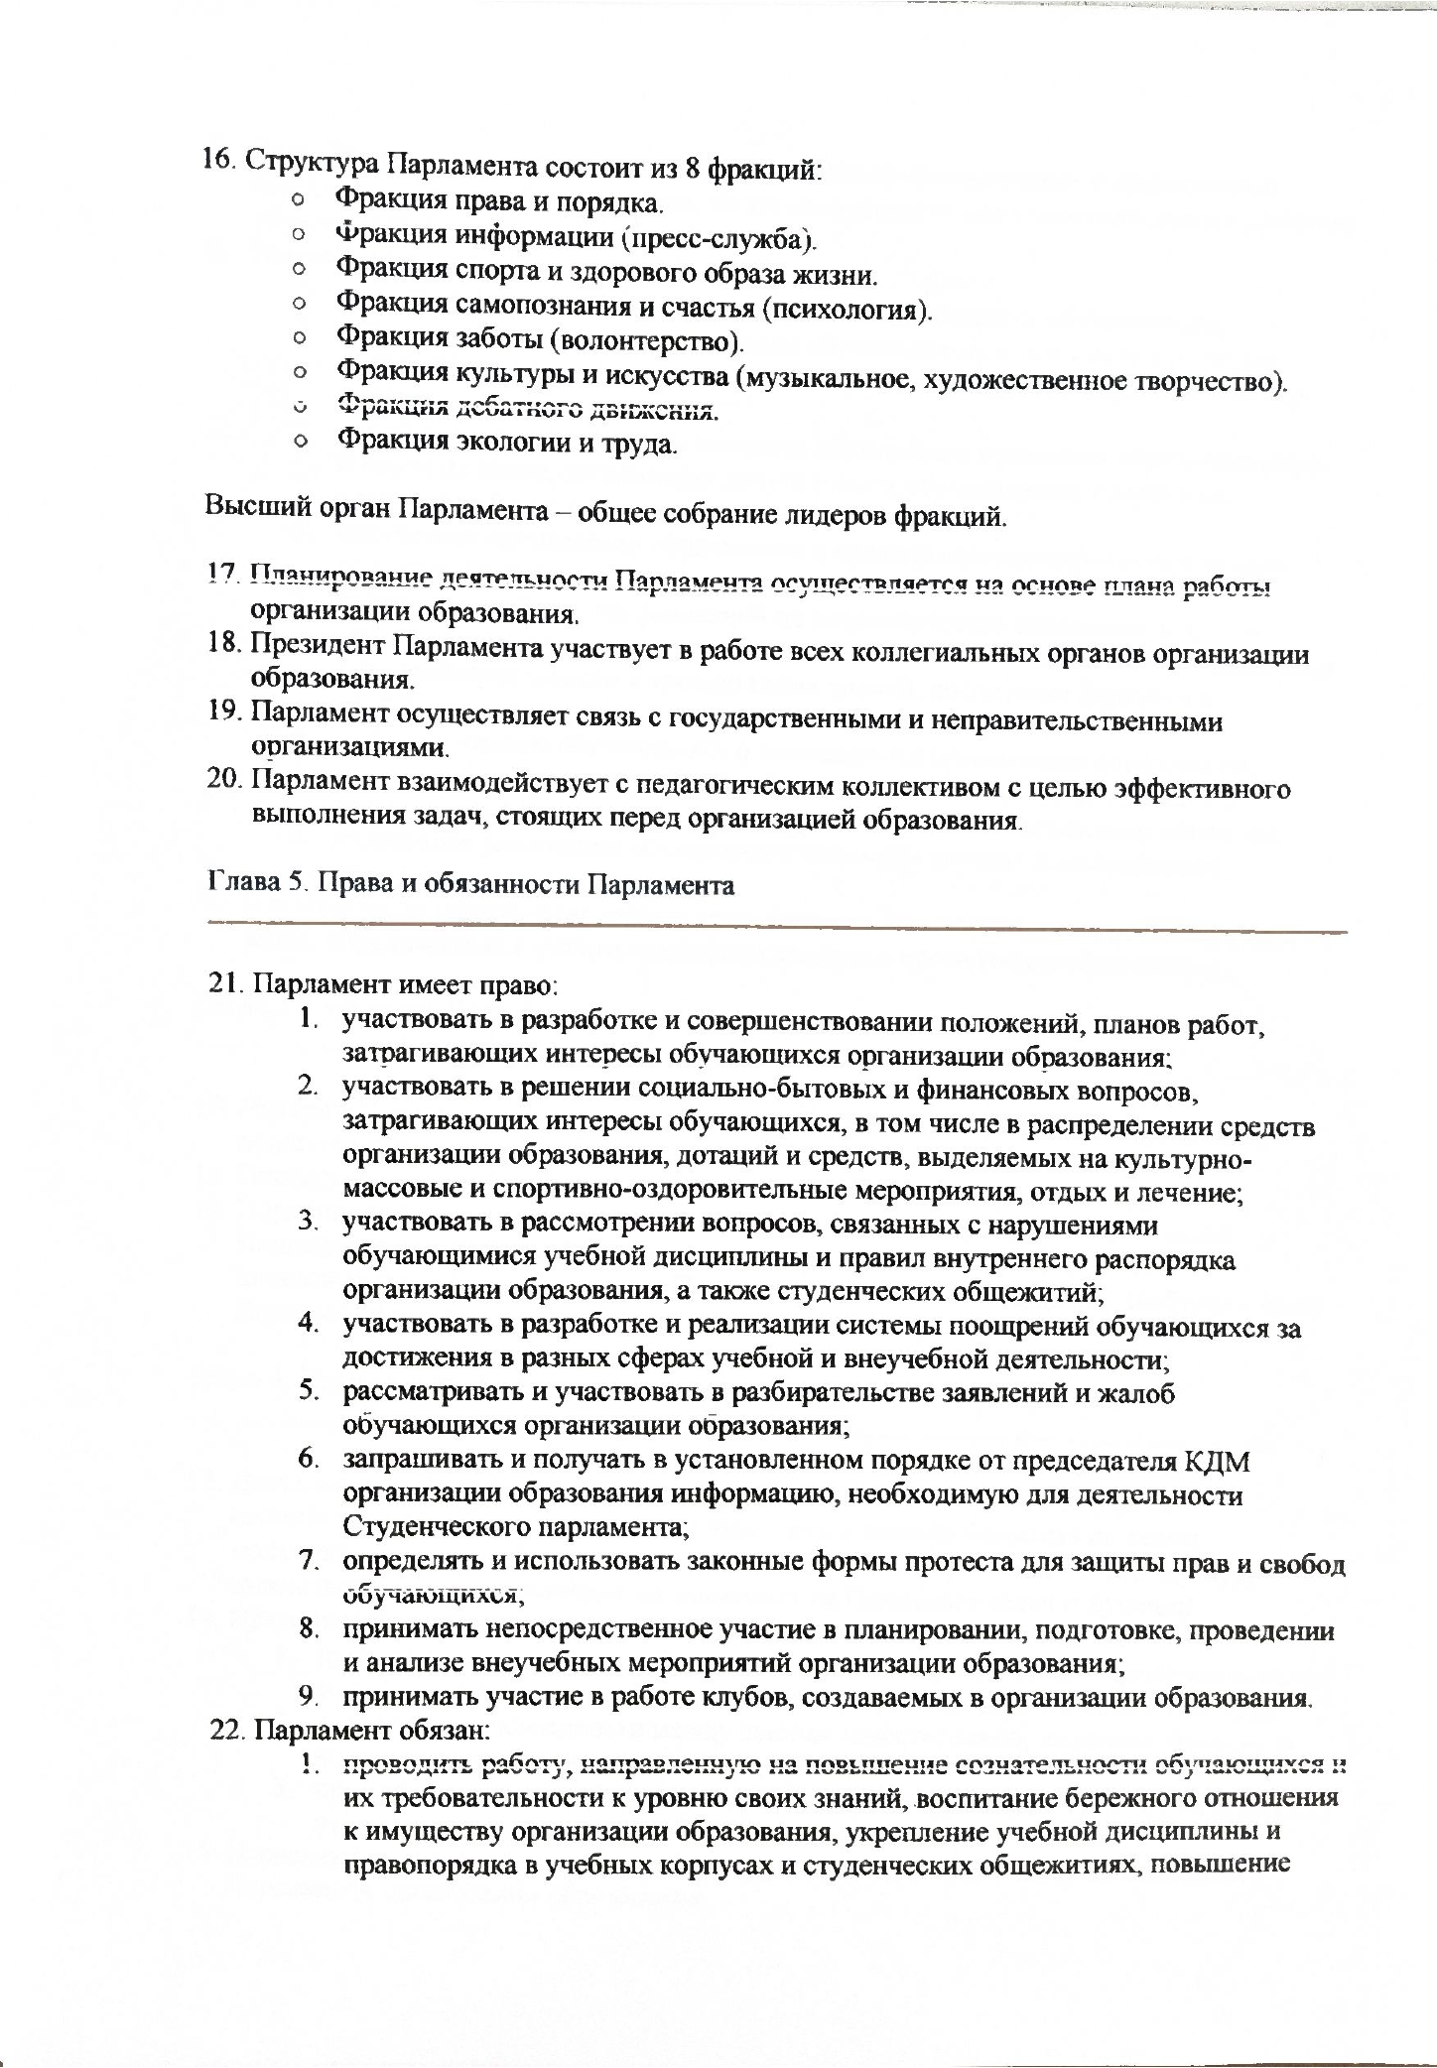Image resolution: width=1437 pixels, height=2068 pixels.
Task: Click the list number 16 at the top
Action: (x=217, y=160)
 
